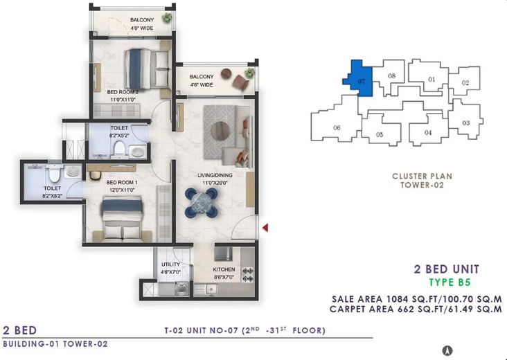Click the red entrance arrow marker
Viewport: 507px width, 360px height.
tap(265, 228)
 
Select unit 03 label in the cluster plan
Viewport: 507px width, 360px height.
tap(465, 123)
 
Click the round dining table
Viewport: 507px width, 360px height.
tap(201, 203)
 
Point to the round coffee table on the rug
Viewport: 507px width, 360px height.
tap(220, 131)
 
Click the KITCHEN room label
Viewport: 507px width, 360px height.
tap(224, 269)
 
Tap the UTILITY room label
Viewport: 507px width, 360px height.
tap(170, 264)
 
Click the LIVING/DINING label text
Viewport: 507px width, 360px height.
tap(215, 175)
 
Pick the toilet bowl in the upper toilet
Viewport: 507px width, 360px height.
tap(119, 149)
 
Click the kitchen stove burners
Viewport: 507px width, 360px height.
tap(248, 275)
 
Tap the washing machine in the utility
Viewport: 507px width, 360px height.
tap(181, 289)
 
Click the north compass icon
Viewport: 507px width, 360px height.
tap(447, 350)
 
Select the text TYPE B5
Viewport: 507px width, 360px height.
tap(450, 282)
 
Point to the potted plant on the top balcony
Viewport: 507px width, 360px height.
tap(167, 17)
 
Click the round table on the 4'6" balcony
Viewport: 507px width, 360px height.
tap(226, 73)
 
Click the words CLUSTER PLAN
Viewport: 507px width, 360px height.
tap(422, 177)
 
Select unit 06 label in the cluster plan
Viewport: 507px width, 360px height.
tap(337, 127)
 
